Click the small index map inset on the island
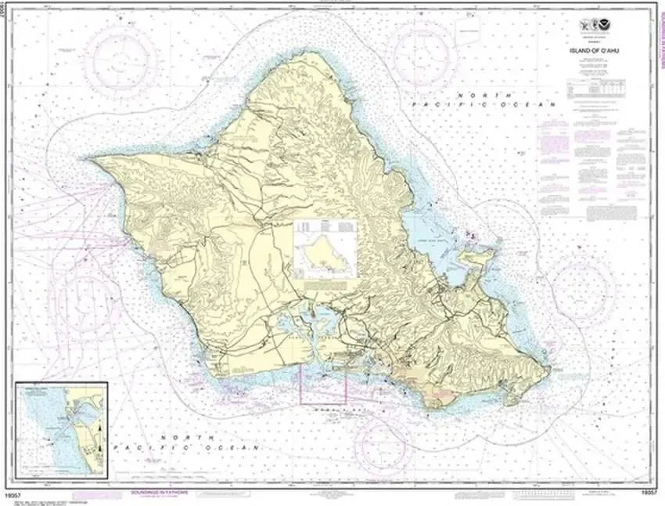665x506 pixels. coord(325,248)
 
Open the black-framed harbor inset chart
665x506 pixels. coord(62,420)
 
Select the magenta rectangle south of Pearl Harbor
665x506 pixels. coord(324,384)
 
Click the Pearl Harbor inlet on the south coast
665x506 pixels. coord(313,325)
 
